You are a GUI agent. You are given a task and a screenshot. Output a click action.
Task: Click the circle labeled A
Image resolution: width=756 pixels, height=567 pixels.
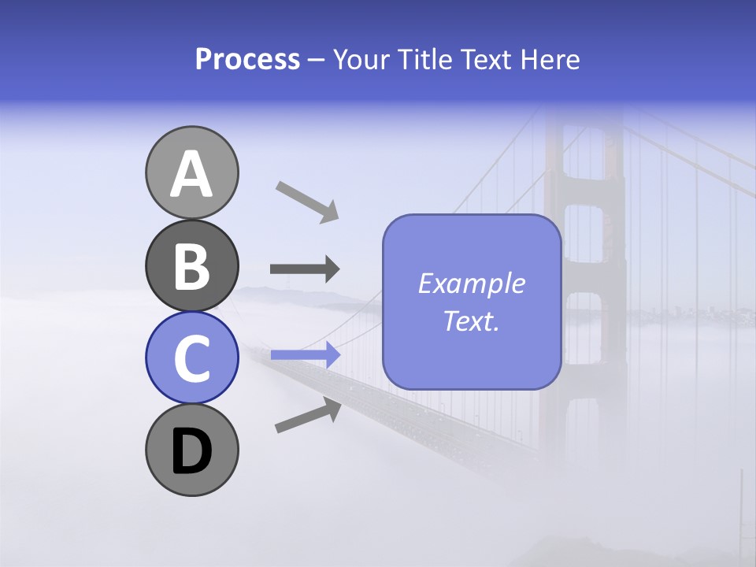click(191, 172)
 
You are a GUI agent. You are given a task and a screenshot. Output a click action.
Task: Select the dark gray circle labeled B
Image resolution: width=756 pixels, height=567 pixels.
click(191, 266)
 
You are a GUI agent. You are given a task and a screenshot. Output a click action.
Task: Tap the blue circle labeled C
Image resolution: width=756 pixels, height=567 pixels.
click(191, 358)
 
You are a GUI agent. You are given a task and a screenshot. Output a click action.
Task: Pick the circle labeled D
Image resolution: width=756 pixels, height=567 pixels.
click(191, 450)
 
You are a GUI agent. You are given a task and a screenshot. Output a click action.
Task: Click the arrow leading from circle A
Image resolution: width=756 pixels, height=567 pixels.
click(307, 202)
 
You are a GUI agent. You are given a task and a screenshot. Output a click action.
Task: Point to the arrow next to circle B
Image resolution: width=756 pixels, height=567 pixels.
click(305, 269)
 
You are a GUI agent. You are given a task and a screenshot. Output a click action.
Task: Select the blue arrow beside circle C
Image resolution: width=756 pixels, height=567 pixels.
click(305, 355)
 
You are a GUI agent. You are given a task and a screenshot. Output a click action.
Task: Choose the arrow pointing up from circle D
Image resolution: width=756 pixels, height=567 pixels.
click(308, 415)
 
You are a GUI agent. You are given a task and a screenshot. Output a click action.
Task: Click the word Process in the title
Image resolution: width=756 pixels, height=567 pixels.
click(247, 60)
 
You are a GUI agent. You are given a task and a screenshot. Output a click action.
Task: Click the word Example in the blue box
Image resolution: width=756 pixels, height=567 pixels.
click(471, 283)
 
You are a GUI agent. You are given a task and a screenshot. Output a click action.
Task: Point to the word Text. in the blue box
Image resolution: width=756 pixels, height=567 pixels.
click(471, 321)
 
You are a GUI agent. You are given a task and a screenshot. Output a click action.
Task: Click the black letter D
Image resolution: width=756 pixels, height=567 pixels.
click(191, 451)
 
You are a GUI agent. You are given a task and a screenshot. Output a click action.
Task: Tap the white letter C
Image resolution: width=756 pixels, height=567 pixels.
click(191, 359)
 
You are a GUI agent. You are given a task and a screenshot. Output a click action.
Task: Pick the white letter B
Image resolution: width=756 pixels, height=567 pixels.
click(191, 267)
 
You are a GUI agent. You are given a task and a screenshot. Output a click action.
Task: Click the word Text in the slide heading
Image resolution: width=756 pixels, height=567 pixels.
click(484, 60)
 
